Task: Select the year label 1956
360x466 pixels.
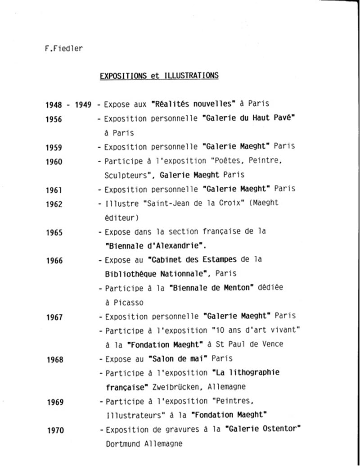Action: coord(54,120)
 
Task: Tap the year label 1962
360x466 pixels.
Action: coord(54,204)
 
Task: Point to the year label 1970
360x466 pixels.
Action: coord(56,430)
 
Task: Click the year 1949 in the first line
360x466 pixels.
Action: coord(83,105)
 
